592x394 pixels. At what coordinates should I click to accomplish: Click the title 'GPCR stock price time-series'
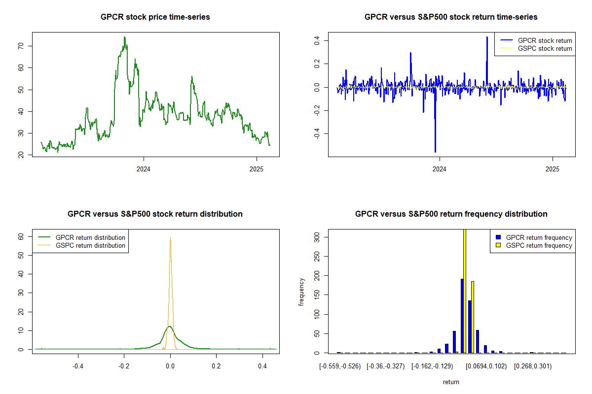point(155,17)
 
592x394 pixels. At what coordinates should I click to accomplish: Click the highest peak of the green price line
point(124,37)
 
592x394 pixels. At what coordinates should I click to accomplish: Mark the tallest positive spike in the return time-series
point(487,37)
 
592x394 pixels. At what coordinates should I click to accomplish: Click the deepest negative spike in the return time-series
point(435,151)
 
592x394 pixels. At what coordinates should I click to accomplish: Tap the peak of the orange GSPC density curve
point(171,238)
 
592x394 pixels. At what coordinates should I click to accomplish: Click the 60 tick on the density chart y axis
point(21,236)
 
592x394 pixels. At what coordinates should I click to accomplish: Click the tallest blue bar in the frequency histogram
point(462,316)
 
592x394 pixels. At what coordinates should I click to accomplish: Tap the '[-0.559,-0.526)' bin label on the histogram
point(340,366)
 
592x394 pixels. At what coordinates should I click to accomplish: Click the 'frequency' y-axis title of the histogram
point(301,292)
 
